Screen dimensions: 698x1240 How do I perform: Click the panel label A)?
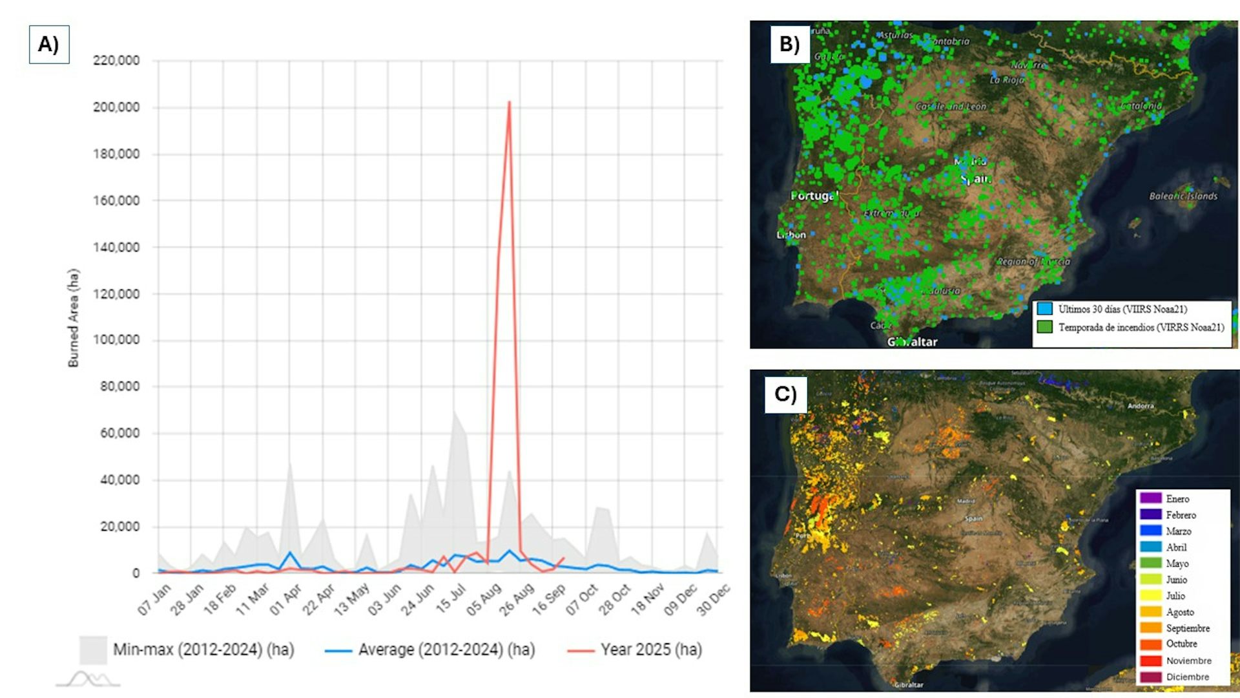[48, 45]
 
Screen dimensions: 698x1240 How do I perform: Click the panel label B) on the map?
[789, 44]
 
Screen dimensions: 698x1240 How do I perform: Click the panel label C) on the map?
[785, 394]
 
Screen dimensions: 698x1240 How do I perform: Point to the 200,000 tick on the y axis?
[116, 107]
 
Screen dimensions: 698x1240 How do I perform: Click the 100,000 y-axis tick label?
[116, 340]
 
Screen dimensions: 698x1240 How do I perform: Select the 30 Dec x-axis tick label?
[714, 599]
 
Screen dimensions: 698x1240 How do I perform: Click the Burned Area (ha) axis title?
[74, 318]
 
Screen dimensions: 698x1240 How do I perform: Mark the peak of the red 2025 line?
[509, 102]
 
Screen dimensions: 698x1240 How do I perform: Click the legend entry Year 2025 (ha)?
[650, 650]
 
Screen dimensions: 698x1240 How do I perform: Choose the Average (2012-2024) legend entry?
[446, 650]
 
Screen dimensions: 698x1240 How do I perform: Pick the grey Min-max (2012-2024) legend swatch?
[93, 650]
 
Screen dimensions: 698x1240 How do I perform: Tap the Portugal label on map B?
[814, 195]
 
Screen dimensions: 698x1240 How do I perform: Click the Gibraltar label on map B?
[912, 342]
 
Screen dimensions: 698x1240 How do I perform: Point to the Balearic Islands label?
[1183, 196]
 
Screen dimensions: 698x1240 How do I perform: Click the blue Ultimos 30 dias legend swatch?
[1044, 309]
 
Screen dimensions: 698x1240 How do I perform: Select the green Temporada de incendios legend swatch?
[1044, 327]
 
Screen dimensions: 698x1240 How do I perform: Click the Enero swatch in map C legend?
[1151, 498]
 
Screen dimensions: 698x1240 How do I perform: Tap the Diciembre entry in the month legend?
[1187, 677]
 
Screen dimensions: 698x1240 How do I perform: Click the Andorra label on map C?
[1141, 406]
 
